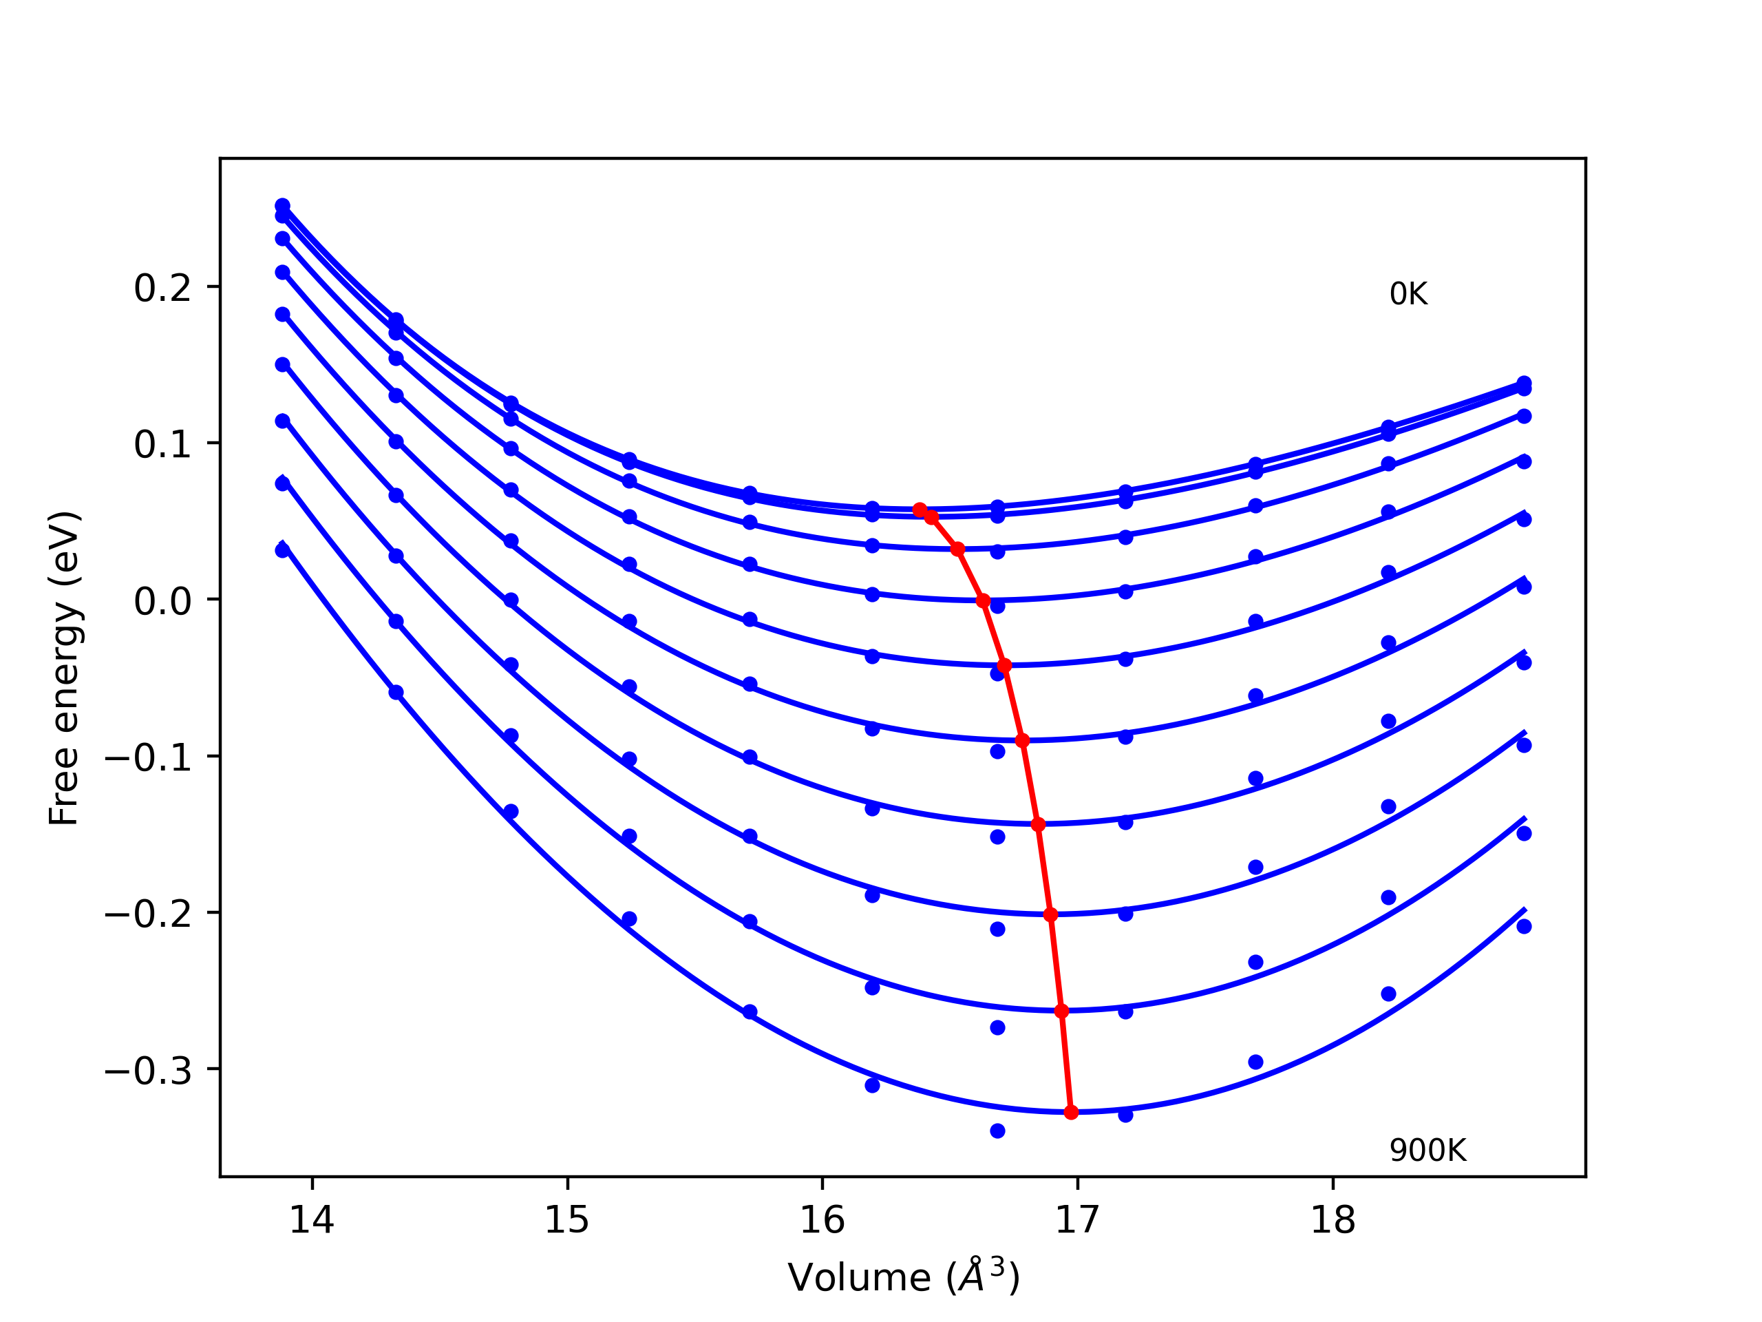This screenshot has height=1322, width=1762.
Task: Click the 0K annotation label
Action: point(1408,295)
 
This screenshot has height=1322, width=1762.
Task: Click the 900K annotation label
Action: point(1427,1151)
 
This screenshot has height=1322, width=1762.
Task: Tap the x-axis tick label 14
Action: point(312,1220)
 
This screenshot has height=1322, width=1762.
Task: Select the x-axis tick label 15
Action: point(566,1220)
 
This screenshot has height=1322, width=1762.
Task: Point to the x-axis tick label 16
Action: point(822,1220)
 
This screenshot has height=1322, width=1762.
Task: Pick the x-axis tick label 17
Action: point(1077,1220)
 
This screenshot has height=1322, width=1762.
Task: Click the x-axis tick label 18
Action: point(1333,1220)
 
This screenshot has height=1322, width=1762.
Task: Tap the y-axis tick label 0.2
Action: point(162,288)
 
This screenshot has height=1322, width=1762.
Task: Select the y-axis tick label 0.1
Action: point(162,445)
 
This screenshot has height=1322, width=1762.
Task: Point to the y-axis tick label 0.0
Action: point(162,602)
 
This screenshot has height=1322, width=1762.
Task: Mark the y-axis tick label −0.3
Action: point(148,1071)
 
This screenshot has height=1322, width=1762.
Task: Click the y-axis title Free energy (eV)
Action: point(64,668)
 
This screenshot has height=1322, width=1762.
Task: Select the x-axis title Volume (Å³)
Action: point(903,1277)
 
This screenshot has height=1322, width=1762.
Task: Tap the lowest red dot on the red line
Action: point(1070,1111)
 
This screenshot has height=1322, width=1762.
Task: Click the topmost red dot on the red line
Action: point(920,510)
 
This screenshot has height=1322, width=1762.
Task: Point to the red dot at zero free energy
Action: point(983,601)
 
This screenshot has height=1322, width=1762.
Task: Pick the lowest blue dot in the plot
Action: point(997,1131)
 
